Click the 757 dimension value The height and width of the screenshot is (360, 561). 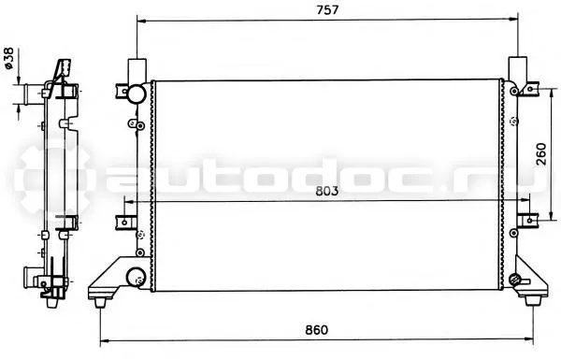coord(327,9)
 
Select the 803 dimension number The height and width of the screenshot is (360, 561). coord(326,191)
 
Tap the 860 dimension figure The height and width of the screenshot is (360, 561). coord(316,329)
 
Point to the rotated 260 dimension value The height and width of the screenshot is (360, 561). coord(541,154)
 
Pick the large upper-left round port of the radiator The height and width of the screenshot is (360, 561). coord(137,94)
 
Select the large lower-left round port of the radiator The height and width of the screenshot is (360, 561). coord(136,277)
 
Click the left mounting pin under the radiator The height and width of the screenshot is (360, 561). coord(101,303)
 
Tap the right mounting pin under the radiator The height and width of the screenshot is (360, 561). coord(532,301)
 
